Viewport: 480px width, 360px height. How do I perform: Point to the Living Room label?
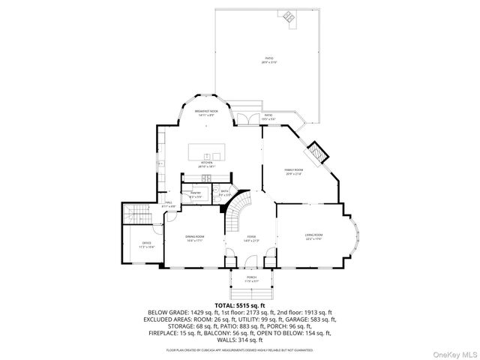click(x=313, y=237)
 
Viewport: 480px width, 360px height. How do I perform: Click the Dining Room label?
click(x=195, y=238)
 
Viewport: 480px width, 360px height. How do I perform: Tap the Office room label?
click(x=147, y=244)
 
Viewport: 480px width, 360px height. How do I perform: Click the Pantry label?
click(x=196, y=194)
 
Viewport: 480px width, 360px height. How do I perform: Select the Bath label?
click(x=224, y=192)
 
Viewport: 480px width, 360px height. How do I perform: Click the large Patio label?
click(x=268, y=60)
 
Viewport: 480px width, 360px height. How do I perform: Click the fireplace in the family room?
click(x=319, y=151)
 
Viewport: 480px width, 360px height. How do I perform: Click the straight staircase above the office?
click(x=136, y=214)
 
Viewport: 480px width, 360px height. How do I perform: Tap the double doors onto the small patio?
click(x=244, y=118)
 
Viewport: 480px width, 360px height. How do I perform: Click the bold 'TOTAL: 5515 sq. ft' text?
click(x=240, y=306)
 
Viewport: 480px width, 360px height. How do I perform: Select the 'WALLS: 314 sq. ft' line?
click(x=240, y=339)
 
